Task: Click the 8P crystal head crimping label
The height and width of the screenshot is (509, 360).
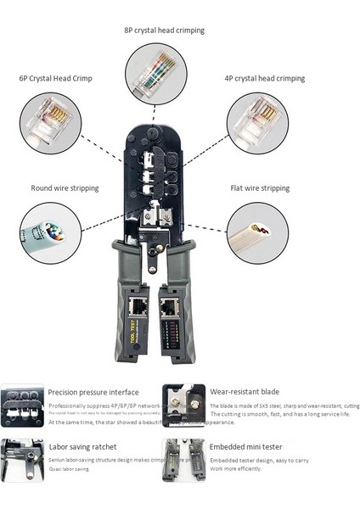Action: (164, 31)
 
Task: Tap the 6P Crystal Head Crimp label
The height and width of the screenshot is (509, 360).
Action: (56, 78)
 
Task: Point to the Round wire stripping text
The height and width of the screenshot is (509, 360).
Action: (65, 187)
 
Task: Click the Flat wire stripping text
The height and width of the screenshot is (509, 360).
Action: (260, 187)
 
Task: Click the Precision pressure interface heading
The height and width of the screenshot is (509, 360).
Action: (93, 393)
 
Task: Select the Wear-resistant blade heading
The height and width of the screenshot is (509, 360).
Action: (245, 393)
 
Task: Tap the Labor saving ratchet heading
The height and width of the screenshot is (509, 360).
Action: (83, 447)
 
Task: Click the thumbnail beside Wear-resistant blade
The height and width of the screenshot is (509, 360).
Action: (183, 406)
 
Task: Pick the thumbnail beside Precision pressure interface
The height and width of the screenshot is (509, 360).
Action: (22, 406)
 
